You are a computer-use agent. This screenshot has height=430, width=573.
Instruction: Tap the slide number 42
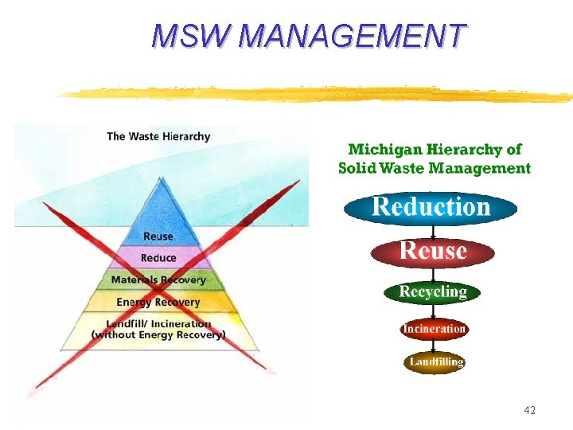pos(530,410)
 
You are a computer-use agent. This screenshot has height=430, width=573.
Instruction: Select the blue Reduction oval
pos(431,208)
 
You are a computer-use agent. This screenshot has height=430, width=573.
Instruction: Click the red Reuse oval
pos(433,252)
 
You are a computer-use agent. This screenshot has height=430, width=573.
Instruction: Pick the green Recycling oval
pos(433,292)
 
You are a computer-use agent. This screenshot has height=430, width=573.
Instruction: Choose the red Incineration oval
pos(434,328)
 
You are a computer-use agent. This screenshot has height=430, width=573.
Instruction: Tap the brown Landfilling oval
pos(435,362)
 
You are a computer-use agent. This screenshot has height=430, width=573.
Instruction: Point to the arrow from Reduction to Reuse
pos(433,232)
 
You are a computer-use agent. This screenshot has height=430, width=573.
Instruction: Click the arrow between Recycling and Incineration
pos(433,311)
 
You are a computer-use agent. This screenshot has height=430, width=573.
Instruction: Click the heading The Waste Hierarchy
pos(158,136)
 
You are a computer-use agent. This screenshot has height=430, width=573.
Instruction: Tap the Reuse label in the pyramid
pos(158,236)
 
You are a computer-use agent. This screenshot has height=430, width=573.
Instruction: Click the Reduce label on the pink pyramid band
pos(158,258)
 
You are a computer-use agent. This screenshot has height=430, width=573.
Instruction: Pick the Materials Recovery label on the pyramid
pos(158,280)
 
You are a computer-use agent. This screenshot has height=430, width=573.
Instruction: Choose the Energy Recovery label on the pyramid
pos(158,303)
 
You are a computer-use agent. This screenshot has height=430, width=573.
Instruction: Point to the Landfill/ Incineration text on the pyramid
pos(158,324)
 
